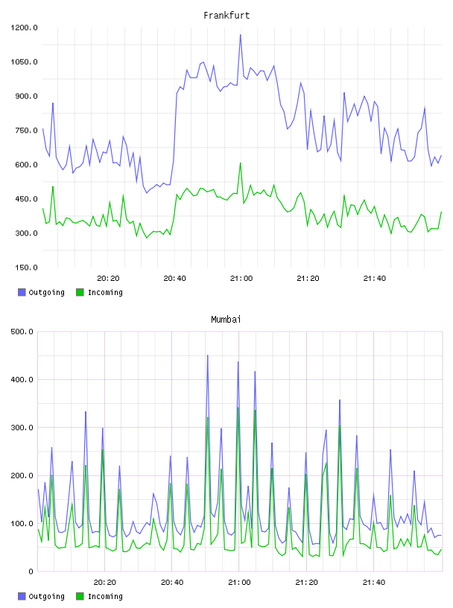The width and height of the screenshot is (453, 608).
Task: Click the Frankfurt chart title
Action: click(226, 15)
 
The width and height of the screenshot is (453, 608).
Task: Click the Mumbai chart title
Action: click(226, 319)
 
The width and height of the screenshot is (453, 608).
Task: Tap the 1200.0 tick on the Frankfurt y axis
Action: click(24, 28)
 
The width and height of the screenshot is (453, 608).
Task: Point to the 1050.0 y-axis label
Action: click(24, 62)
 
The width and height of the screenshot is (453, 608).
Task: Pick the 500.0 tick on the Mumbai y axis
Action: click(22, 332)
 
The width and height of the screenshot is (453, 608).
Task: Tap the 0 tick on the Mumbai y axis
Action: click(31, 571)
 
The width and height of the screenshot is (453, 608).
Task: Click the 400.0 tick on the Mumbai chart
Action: click(22, 379)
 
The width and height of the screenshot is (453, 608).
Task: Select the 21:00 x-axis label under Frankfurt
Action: click(241, 278)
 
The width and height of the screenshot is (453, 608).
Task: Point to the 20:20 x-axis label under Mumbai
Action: click(105, 582)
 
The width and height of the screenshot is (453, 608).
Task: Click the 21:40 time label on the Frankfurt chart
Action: click(375, 278)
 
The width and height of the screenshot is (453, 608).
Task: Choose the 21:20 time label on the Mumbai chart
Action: click(307, 582)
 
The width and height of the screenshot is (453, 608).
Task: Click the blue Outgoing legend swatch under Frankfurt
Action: click(22, 292)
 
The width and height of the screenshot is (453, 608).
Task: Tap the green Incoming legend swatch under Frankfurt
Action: click(80, 292)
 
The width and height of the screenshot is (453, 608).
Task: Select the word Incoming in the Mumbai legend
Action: click(105, 596)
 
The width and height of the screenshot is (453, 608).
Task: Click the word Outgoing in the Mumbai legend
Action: click(46, 596)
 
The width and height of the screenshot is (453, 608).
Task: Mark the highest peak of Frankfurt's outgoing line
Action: click(241, 35)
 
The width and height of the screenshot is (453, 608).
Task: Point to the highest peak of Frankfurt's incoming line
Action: click(241, 163)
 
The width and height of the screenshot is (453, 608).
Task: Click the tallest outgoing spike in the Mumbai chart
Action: click(207, 355)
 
